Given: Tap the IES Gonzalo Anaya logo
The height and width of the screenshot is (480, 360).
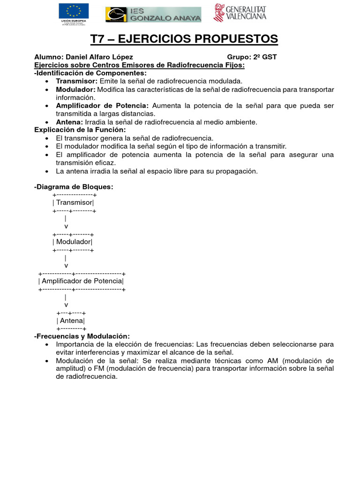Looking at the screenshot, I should (x=153, y=15).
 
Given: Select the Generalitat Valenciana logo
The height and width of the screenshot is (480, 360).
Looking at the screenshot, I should (x=240, y=13).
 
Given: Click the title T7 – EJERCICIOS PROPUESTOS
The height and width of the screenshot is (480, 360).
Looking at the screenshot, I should (x=184, y=39).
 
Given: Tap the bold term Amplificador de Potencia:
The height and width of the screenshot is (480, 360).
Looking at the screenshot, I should (x=102, y=105).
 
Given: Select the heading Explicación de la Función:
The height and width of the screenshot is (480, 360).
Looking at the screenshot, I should (x=80, y=130).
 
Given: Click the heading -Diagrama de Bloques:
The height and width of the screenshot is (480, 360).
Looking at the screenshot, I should (x=74, y=187).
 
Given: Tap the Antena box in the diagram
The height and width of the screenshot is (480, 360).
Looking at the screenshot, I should (x=71, y=321).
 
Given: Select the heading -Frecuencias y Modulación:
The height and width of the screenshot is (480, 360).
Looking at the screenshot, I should (x=82, y=336).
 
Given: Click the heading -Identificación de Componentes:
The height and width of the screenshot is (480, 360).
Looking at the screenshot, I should (x=90, y=73).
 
